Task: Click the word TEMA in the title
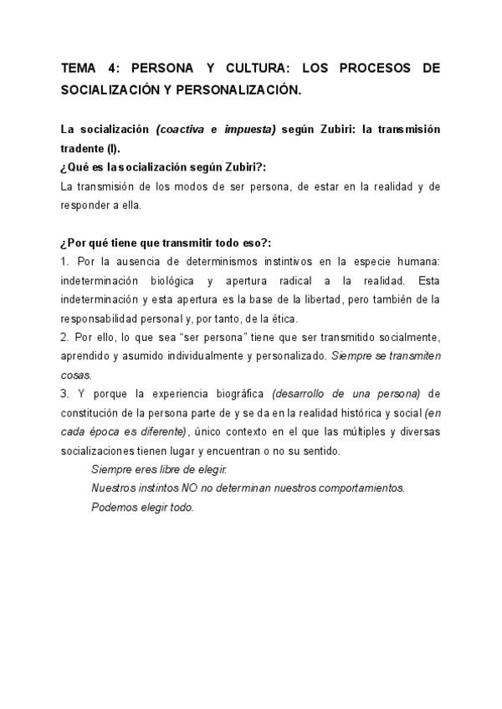pos(80,69)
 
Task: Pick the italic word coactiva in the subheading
pos(182,130)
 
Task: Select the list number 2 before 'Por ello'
pos(64,337)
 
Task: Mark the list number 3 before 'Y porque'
pos(64,393)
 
